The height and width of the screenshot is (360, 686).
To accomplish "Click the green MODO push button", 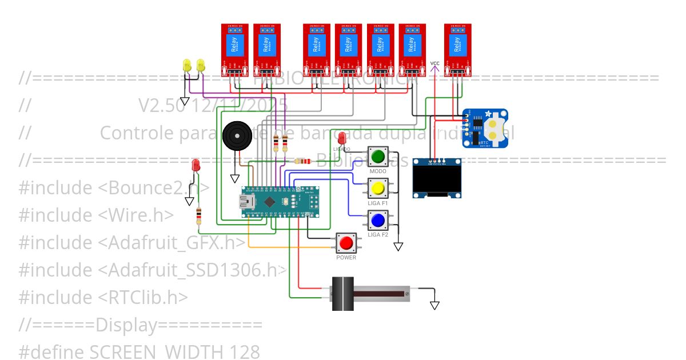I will click(x=377, y=156).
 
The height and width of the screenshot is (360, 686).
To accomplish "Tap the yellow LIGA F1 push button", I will click(x=377, y=188).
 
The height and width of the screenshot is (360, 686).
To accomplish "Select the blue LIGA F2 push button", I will click(x=377, y=220).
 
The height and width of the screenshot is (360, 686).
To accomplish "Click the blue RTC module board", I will click(x=485, y=129).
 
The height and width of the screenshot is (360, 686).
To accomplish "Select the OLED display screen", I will click(x=437, y=179).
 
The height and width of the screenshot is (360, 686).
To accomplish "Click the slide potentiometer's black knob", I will click(x=343, y=293).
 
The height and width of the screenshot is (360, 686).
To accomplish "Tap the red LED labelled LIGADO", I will click(x=342, y=138).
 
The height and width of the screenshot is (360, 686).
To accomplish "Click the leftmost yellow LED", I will click(x=187, y=65).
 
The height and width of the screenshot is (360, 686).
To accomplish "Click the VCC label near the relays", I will click(x=435, y=63).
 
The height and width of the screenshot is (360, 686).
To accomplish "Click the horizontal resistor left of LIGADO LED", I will click(x=302, y=161).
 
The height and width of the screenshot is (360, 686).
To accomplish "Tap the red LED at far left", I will click(x=196, y=166).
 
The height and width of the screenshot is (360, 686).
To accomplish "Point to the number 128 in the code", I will click(x=245, y=351).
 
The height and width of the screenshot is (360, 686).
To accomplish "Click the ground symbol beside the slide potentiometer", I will click(x=435, y=304).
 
